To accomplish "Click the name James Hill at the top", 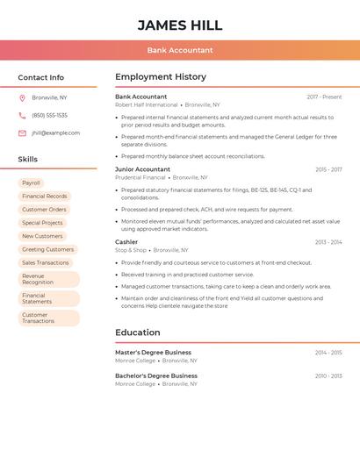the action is [x=180, y=25].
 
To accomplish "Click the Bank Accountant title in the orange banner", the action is [x=180, y=50].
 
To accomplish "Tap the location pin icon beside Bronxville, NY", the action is [x=22, y=97].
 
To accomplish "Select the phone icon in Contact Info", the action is [x=22, y=115].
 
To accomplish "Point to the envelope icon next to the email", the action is [x=22, y=132].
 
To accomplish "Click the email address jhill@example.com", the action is [x=55, y=132].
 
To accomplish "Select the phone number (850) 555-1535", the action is [x=49, y=115].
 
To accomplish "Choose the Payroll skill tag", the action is [x=32, y=183].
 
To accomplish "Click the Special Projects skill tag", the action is [x=42, y=223].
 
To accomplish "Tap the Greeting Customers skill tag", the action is [x=47, y=249].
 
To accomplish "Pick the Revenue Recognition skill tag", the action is [x=39, y=279].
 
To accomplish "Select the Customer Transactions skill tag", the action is [x=39, y=318].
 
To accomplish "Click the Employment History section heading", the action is [x=161, y=77].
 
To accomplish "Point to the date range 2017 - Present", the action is [x=324, y=97].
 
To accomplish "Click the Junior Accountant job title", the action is [x=142, y=169].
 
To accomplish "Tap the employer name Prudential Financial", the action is [x=140, y=177].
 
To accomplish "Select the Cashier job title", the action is [x=126, y=241].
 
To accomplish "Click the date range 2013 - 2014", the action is [x=328, y=242].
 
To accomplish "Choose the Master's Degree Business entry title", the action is [x=153, y=352].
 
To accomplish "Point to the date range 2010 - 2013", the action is [x=328, y=376].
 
